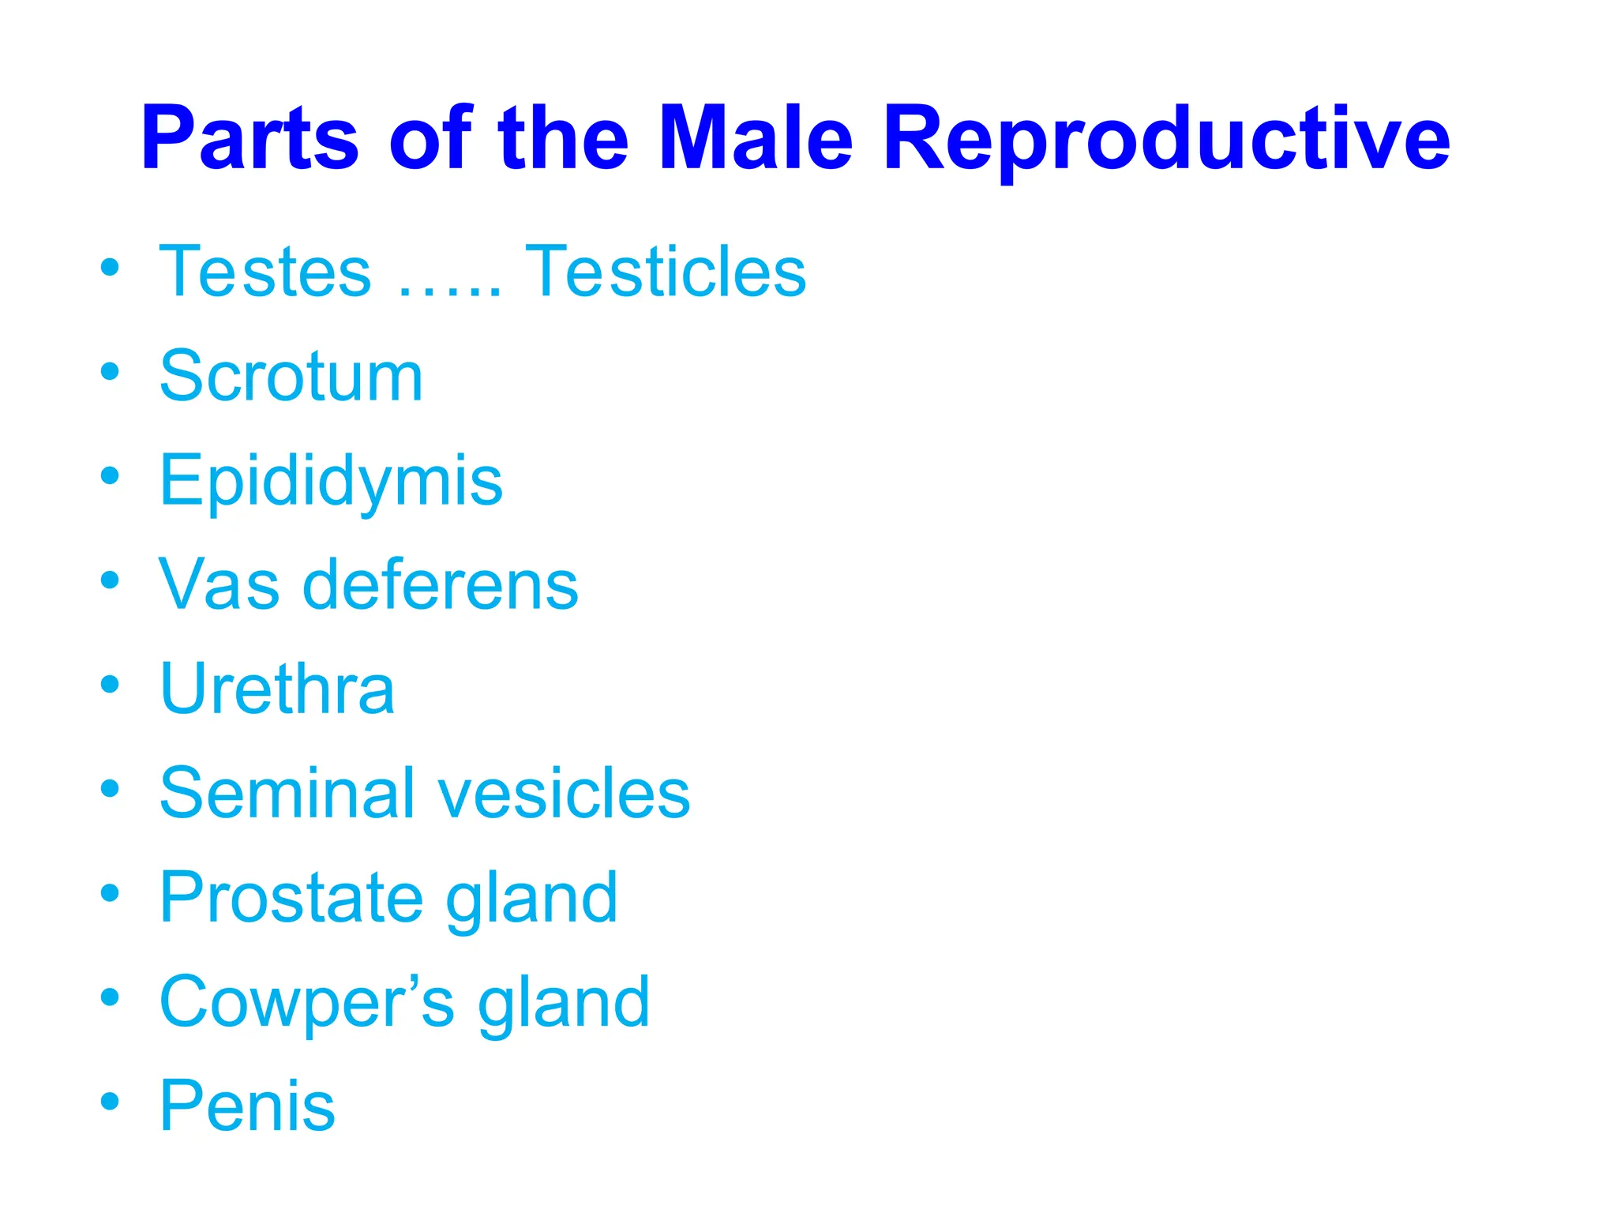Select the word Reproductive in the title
coord(1165,141)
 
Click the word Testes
coord(265,272)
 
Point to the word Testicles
coord(665,272)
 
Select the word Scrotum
coord(291,377)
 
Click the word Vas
coord(219,585)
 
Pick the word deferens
coord(441,585)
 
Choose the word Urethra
coord(276,689)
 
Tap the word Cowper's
coord(307,1003)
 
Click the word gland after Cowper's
coord(564,1003)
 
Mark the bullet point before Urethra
coord(111,683)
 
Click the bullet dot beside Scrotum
coord(111,370)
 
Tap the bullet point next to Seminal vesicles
coord(111,787)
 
